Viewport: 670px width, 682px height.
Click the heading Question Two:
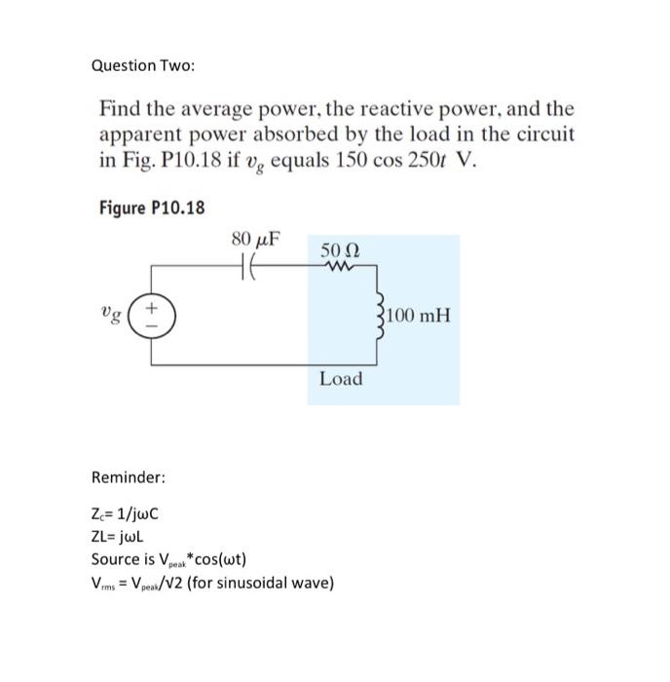(x=142, y=65)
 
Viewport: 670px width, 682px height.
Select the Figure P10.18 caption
(x=151, y=208)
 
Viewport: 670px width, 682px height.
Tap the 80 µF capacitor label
(x=256, y=239)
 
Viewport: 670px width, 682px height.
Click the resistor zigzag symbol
(x=341, y=262)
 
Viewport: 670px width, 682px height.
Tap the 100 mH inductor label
(x=417, y=317)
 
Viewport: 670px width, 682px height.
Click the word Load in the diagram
(x=340, y=378)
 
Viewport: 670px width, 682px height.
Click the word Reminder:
(x=128, y=477)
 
